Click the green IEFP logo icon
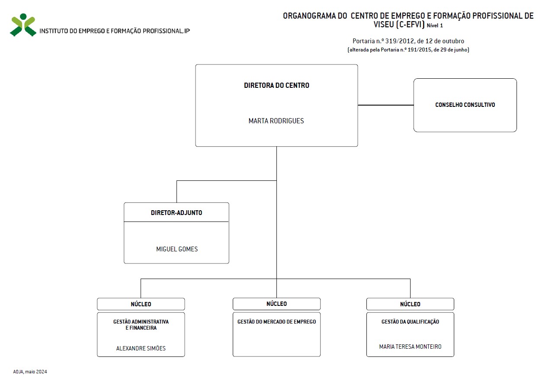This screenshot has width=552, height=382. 23,25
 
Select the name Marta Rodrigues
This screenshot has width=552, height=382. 276,121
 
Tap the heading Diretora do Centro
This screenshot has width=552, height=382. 276,85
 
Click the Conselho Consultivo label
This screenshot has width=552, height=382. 465,105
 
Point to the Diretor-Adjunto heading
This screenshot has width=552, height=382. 177,213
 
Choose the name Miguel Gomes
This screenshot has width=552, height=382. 177,249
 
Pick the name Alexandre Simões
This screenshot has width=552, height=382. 141,348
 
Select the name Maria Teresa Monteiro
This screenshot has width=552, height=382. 410,347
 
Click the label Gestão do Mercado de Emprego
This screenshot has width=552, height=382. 276,321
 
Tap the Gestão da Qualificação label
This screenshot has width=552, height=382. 410,321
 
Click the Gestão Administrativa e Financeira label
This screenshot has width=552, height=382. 141,324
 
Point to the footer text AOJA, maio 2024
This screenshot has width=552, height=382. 30,372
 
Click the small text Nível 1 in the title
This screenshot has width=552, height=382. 435,26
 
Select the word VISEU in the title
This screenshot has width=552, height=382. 383,24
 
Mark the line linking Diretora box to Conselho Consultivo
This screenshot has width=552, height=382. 385,105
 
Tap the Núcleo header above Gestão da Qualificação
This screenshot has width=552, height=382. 410,304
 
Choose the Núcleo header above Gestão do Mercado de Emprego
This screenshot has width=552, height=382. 276,304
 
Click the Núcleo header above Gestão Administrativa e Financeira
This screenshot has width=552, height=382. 141,304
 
